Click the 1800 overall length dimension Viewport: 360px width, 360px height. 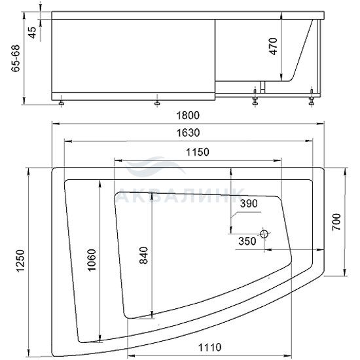[188, 115]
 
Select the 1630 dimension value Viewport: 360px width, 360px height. [188, 133]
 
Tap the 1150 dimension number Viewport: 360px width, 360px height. [198, 152]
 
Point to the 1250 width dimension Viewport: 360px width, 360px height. [20, 261]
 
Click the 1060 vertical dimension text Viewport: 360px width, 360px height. [92, 260]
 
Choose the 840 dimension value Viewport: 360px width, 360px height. [144, 255]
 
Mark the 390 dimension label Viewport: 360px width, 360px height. [249, 204]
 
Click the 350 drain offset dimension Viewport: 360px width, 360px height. [247, 241]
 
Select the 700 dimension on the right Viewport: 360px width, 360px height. [336, 222]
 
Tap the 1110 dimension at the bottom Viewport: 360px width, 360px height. [209, 348]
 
